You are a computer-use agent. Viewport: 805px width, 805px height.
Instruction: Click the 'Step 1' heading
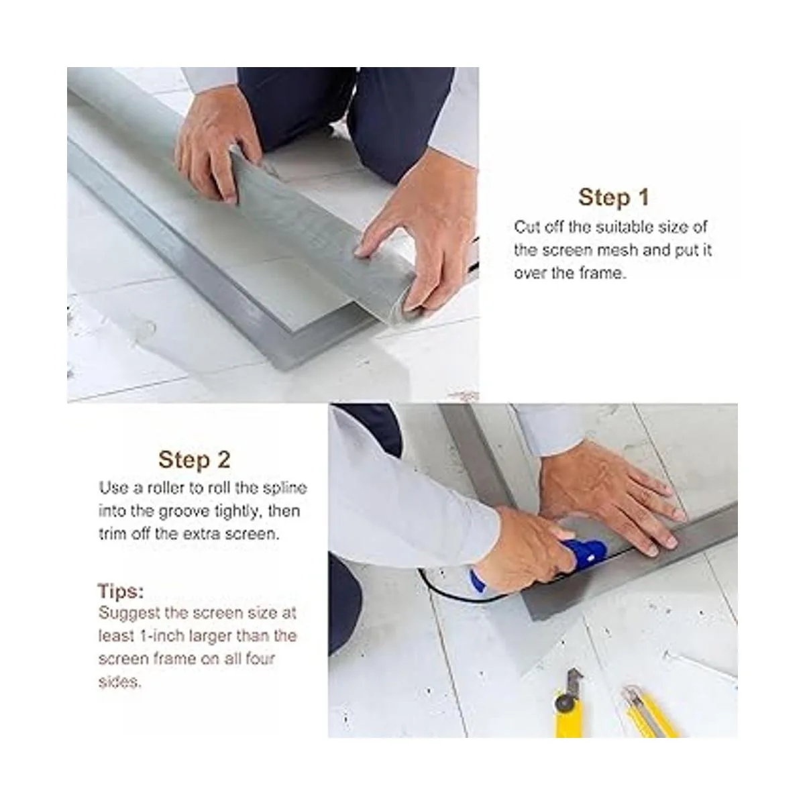pos(613,197)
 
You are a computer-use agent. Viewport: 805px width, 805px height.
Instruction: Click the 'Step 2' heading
pos(195,460)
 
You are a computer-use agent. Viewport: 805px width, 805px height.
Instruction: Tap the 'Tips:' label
pos(121,591)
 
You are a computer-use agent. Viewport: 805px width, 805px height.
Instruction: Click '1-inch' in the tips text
pos(161,636)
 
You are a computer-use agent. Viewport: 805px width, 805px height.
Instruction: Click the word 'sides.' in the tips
pos(120,682)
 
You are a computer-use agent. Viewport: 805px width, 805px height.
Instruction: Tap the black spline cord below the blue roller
pos(460,593)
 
